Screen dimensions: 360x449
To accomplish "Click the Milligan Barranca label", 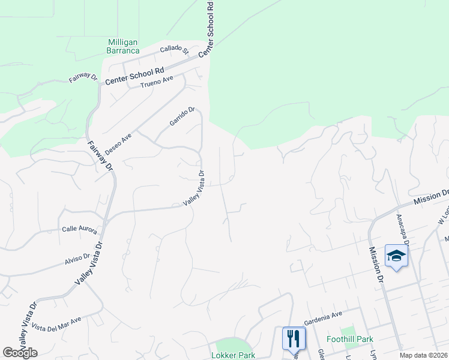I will (123, 46).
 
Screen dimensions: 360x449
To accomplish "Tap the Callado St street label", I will (174, 52).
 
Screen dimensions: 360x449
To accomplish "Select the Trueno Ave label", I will (157, 82).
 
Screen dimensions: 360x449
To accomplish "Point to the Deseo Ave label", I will (118, 145).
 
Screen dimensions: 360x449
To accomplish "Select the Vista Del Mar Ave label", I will (56, 324).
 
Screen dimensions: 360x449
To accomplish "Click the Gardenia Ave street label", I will (322, 314).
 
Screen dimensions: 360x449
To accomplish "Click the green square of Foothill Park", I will (348, 331).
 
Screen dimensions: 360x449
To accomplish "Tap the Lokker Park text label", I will (233, 355).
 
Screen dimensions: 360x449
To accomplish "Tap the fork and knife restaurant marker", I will (294, 338).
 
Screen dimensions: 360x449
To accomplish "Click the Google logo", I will (20, 353).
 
